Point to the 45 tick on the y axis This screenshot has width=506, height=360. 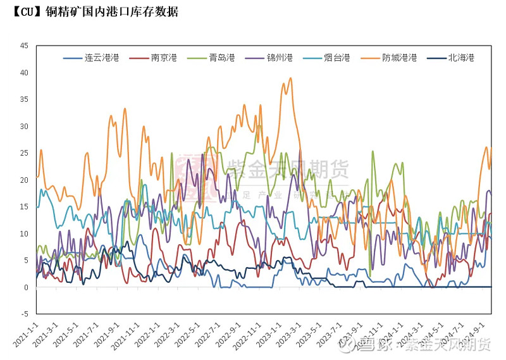(23, 46)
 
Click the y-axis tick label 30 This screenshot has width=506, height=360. (23, 127)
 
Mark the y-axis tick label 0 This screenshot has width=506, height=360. (25, 287)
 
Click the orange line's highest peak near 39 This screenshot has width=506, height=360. (290, 78)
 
